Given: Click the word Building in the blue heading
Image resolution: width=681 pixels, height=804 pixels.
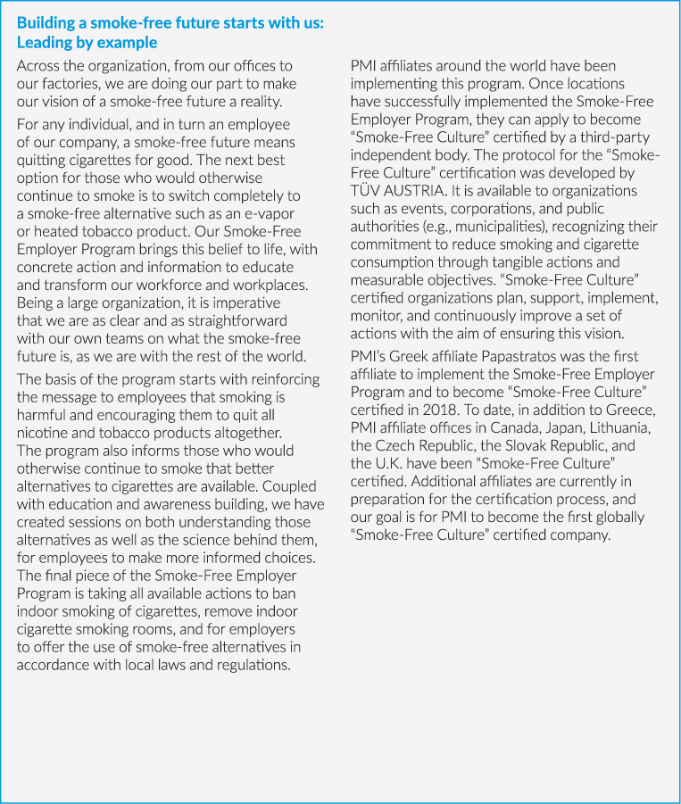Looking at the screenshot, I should [46, 23].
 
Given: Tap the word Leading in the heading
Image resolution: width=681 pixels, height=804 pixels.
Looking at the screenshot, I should [44, 42].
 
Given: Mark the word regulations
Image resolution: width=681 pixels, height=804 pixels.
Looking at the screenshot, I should [250, 666].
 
